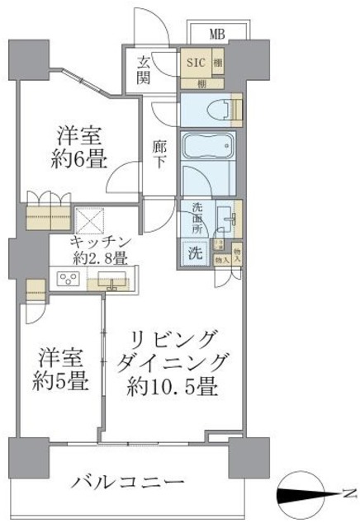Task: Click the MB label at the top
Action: click(217, 34)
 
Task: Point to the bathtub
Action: click(208, 154)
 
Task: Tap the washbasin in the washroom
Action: click(226, 219)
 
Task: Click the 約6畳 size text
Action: click(82, 160)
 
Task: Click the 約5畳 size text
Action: click(59, 384)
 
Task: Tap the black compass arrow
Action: click(307, 494)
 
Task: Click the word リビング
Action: click(176, 338)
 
